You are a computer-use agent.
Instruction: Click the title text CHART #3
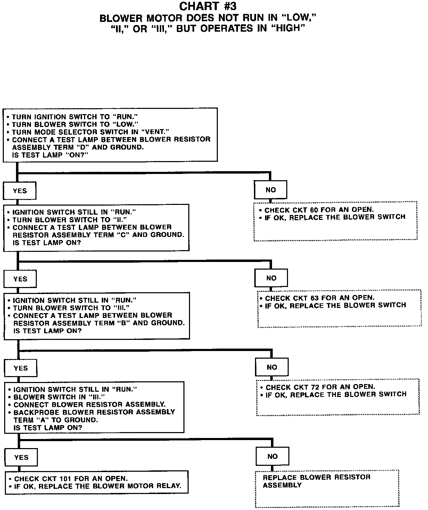point(208,6)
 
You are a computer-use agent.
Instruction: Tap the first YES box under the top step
point(19,191)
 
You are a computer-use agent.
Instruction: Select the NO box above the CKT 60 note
point(270,190)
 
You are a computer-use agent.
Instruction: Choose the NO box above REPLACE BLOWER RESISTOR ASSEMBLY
point(272,456)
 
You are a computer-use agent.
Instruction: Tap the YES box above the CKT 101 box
point(21,457)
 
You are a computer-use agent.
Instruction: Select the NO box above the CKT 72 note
point(272,367)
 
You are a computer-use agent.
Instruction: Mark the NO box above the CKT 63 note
point(271,278)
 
